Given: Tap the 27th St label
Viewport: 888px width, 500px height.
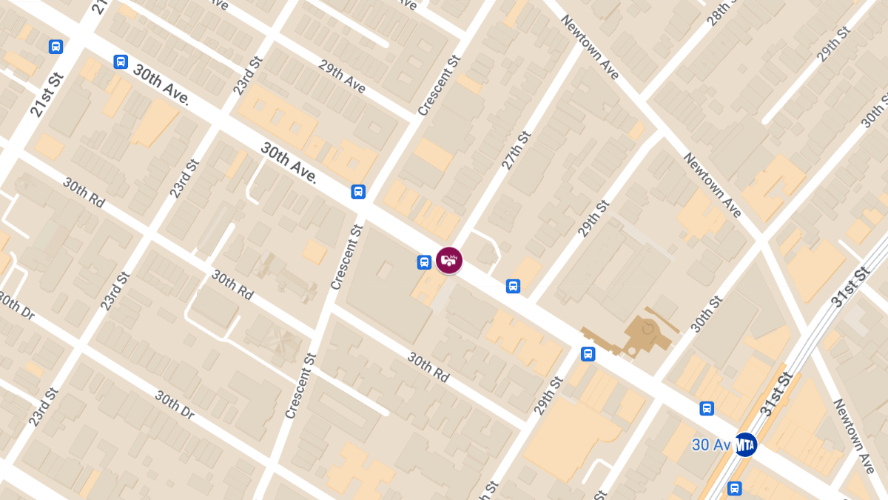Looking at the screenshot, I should tap(517, 142).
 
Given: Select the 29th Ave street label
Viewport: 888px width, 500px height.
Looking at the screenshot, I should tap(342, 76).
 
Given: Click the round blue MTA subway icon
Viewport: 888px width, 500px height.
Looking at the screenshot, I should tap(745, 444).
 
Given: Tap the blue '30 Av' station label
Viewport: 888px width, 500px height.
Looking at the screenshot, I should tap(711, 445).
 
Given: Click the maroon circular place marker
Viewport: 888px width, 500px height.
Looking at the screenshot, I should tap(449, 260).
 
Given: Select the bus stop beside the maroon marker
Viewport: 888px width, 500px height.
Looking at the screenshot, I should tap(424, 261).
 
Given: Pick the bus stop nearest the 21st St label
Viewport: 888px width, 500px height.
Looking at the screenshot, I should tap(55, 47).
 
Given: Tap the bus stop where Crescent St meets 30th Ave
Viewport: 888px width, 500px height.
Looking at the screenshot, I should tap(358, 192).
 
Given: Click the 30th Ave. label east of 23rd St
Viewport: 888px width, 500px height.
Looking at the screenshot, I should tap(289, 162).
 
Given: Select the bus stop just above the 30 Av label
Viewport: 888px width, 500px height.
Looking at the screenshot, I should tap(707, 408).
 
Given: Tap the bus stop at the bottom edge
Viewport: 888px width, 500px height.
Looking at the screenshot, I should tap(734, 488).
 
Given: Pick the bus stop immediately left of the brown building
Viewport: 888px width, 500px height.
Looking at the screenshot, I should tap(588, 354).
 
